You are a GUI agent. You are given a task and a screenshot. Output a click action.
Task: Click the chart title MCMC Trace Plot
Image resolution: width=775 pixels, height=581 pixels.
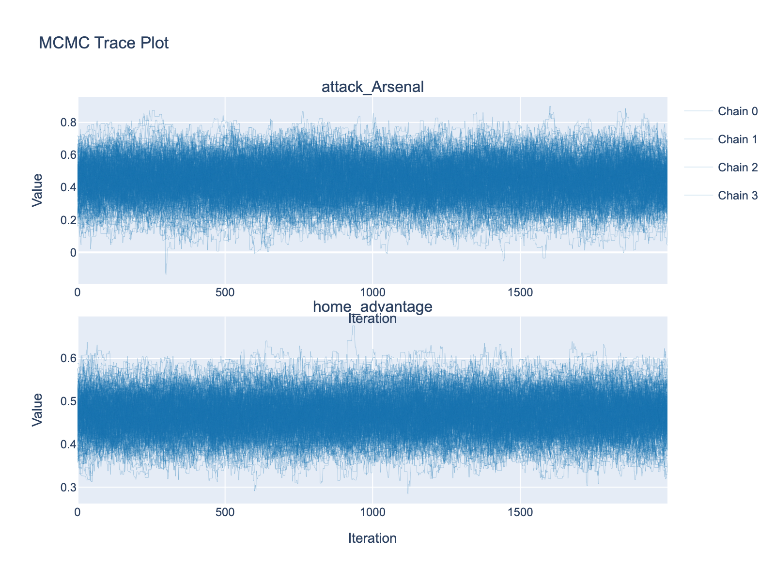104,43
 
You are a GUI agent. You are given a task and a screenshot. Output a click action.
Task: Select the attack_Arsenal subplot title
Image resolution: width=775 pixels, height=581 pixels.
372,87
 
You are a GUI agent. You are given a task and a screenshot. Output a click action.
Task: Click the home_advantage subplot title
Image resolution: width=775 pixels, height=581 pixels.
372,306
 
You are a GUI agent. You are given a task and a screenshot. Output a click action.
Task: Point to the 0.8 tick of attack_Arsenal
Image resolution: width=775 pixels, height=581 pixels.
68,122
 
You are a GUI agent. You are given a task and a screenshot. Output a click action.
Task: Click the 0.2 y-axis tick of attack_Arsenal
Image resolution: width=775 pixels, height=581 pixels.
68,220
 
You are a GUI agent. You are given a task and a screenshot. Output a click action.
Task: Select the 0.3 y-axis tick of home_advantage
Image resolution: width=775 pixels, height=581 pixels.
68,487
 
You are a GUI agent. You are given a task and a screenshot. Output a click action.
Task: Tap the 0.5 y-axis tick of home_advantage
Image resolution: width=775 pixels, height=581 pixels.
68,401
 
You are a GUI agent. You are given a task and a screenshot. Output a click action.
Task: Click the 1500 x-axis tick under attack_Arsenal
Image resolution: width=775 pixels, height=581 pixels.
520,293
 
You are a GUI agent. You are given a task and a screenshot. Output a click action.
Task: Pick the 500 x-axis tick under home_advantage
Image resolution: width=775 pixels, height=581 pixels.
225,512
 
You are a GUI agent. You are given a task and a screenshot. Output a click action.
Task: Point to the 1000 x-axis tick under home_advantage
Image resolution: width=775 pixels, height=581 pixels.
372,512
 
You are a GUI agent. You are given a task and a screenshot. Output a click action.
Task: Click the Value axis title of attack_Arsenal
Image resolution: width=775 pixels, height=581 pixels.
37,190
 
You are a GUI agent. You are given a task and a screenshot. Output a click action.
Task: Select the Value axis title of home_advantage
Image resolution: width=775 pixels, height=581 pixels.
37,410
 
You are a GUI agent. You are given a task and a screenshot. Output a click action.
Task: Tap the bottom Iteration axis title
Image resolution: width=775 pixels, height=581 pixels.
372,538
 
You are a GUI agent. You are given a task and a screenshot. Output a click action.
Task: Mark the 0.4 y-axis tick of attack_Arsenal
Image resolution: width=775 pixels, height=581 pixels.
68,187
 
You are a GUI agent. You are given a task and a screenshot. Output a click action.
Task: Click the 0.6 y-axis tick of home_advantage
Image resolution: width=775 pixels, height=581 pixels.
68,358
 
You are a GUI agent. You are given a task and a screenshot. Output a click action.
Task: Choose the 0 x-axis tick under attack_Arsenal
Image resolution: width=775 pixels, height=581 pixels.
78,293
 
